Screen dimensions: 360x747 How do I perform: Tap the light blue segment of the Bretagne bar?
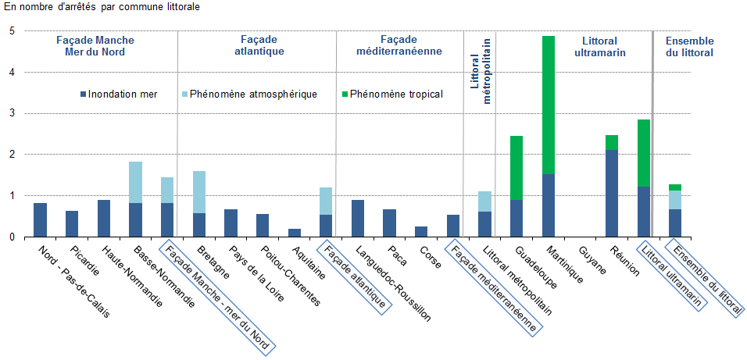point(199,192)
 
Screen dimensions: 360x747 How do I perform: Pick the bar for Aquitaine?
point(295,232)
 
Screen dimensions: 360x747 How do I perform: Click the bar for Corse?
point(421,231)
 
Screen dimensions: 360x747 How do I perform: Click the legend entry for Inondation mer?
point(117,94)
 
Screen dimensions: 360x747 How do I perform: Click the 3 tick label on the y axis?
point(12,113)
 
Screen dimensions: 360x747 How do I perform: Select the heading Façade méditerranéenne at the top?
point(399,45)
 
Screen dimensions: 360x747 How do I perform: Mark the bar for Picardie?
point(72,223)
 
